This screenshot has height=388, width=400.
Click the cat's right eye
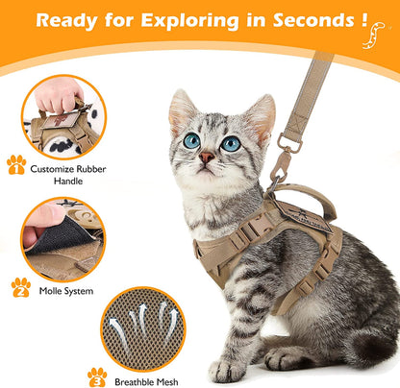click(x=231, y=143)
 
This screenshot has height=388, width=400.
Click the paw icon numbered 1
click(x=15, y=164)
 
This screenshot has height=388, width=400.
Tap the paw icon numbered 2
click(x=20, y=286)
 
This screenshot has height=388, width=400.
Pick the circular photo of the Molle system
click(x=63, y=239)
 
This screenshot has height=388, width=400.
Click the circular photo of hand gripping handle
click(x=63, y=116)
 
